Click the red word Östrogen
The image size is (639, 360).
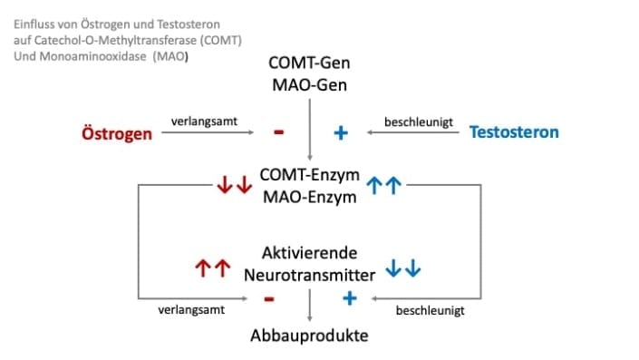click(117, 132)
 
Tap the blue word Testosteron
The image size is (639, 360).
click(514, 132)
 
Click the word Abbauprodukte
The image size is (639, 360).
click(310, 336)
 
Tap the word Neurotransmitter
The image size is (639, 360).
click(309, 272)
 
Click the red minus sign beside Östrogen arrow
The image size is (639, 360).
click(278, 132)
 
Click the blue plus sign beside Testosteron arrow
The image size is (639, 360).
click(341, 133)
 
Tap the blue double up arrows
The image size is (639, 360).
click(386, 187)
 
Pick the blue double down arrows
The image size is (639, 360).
click(404, 268)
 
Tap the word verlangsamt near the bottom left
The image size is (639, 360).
click(187, 310)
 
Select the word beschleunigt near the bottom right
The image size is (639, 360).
click(431, 310)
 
